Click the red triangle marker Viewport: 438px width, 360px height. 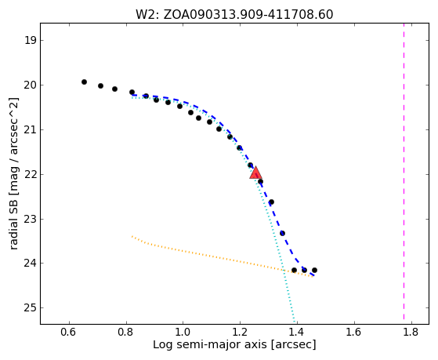[x=255, y=173]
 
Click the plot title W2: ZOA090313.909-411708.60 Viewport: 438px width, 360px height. [x=234, y=15]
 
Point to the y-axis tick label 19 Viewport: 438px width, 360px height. [x=31, y=40]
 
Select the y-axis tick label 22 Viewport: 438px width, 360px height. [x=31, y=174]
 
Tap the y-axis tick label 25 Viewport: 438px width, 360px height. [x=31, y=308]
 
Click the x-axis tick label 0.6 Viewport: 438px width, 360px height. [x=69, y=332]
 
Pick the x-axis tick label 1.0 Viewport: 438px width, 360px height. [x=183, y=332]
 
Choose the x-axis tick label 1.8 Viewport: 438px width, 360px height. [x=411, y=332]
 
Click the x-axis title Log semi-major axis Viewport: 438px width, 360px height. [x=210, y=344]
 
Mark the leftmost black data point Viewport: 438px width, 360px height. [x=84, y=82]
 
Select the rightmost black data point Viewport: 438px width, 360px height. [x=314, y=271]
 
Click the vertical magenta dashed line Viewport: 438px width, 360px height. [x=404, y=171]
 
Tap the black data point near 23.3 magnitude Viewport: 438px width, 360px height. [x=282, y=233]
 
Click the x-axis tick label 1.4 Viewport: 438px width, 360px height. [x=297, y=332]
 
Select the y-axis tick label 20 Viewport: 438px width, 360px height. [x=31, y=85]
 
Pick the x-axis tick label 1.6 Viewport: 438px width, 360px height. [x=354, y=332]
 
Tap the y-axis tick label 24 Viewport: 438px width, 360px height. [x=31, y=264]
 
